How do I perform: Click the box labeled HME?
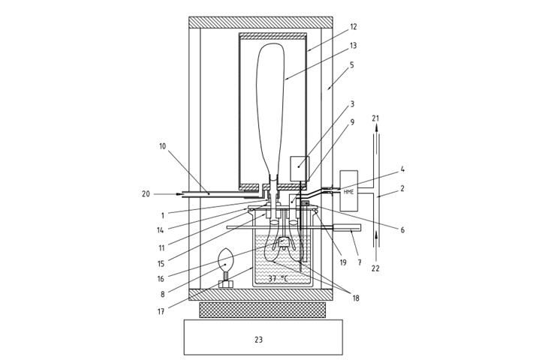pos(349,190)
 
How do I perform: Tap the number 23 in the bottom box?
pos(258,340)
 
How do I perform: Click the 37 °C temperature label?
pos(279,279)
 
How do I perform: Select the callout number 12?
pos(354,27)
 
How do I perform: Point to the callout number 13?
pos(353,46)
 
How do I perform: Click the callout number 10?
pos(162,146)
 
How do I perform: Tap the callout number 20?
pos(146,193)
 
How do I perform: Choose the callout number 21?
pos(375,118)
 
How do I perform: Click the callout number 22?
pos(375,268)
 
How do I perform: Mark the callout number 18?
pos(356,298)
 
